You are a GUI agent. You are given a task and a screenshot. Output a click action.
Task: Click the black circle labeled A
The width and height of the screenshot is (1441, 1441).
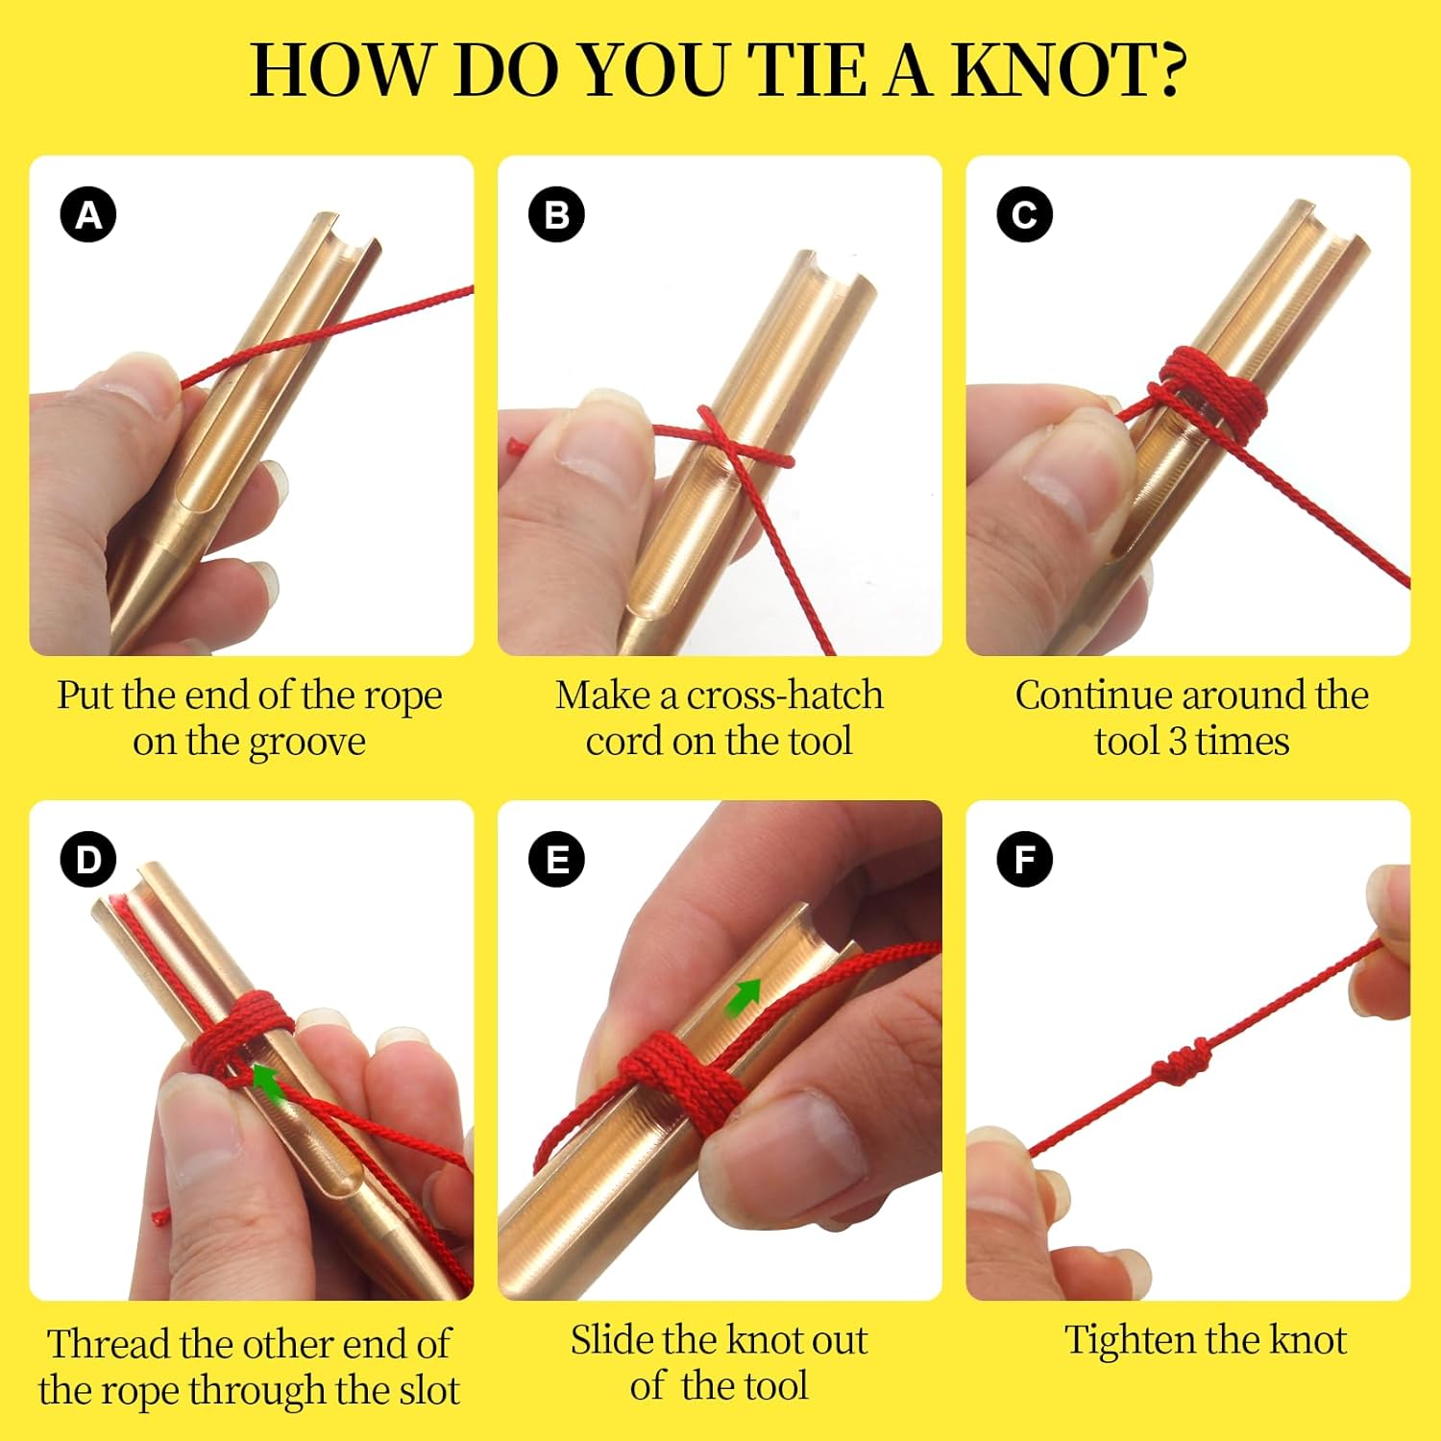pyautogui.click(x=88, y=214)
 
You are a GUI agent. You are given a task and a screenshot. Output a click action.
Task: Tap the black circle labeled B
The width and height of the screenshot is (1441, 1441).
pyautogui.click(x=556, y=214)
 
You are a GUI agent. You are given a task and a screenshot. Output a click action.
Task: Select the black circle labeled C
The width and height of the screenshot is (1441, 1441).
pyautogui.click(x=1024, y=214)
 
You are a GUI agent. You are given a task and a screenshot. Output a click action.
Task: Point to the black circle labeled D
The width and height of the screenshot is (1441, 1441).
pyautogui.click(x=88, y=859)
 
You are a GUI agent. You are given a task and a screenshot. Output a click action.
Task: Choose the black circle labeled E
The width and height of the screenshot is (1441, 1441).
pyautogui.click(x=556, y=859)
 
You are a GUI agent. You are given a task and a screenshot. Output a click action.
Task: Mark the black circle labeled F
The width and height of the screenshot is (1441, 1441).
pyautogui.click(x=1024, y=859)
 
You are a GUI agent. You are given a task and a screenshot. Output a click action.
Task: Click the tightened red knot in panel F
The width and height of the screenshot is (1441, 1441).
pyautogui.click(x=1182, y=1062)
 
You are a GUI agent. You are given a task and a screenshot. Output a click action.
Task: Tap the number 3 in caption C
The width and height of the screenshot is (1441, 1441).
pyautogui.click(x=1177, y=743)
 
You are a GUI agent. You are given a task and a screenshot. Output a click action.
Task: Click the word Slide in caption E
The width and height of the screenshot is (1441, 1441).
pyautogui.click(x=611, y=1340)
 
